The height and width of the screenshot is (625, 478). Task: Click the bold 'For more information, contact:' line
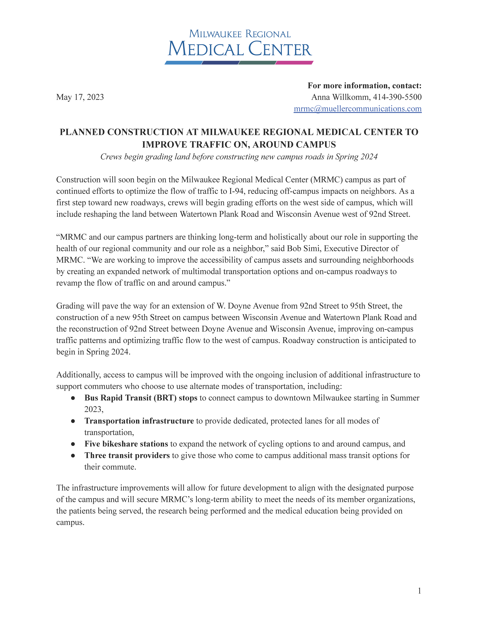tap(364, 86)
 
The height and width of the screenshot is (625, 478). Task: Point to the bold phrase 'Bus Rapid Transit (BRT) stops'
tap(141, 398)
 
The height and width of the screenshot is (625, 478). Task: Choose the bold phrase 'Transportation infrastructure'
tap(139, 421)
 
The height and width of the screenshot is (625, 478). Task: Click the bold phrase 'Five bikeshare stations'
tap(126, 444)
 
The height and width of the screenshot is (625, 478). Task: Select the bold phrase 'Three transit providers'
tap(127, 455)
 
